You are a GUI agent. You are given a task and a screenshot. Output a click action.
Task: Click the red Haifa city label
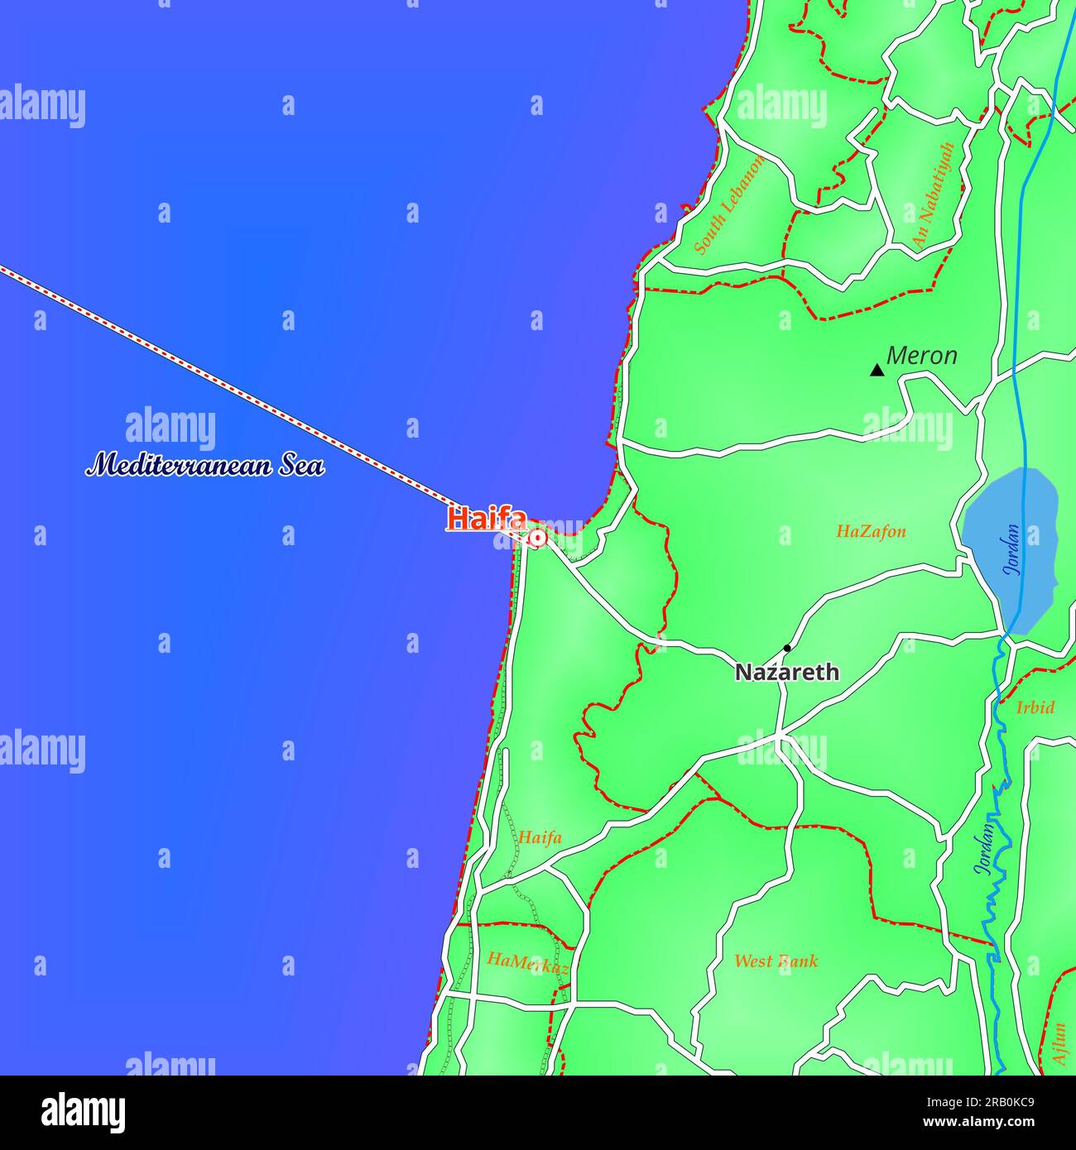[x=487, y=519]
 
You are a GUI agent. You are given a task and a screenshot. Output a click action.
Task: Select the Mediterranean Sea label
[x=205, y=466]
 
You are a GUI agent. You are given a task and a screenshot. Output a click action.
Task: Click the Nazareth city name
[x=786, y=673]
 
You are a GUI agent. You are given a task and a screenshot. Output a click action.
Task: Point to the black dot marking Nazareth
[x=787, y=648]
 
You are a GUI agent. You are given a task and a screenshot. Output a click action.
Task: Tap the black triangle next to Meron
[x=877, y=370]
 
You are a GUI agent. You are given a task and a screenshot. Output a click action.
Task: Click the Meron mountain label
[x=921, y=356]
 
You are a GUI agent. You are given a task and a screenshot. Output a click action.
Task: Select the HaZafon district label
[x=871, y=532]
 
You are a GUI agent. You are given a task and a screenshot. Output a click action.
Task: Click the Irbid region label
[x=1035, y=707]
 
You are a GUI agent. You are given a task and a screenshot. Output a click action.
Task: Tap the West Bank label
[x=776, y=961]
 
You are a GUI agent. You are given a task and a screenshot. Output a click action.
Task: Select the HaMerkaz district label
[x=527, y=962]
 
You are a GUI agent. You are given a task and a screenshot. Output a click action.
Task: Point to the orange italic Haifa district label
[x=540, y=837]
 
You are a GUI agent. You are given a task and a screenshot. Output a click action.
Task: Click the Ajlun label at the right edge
[x=1059, y=1043]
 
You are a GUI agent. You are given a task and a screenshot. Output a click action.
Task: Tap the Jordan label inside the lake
[x=1012, y=549]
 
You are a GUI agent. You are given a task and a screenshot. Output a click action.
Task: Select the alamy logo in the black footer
[x=83, y=1113]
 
